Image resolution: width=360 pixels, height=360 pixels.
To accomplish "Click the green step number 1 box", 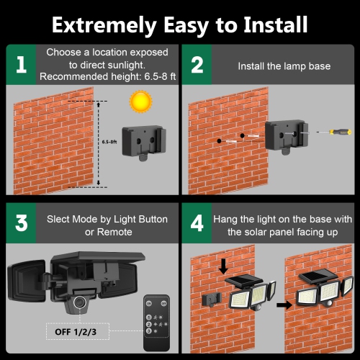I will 21,65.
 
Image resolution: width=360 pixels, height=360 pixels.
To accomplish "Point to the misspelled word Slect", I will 60,218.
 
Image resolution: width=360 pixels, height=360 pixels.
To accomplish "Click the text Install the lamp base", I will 284,66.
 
